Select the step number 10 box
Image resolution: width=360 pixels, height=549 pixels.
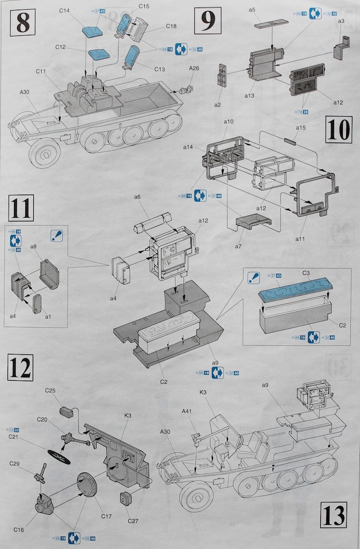pyautogui.click(x=339, y=130)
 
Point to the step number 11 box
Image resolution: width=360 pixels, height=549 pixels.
pyautogui.click(x=21, y=208)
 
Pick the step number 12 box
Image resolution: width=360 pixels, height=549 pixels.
pyautogui.click(x=20, y=367)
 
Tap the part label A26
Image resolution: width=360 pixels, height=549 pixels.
pyautogui.click(x=194, y=68)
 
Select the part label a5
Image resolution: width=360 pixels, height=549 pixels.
pyautogui.click(x=252, y=10)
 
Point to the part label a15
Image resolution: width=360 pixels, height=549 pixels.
pyautogui.click(x=301, y=128)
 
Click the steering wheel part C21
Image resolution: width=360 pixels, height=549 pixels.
pyautogui.click(x=59, y=456)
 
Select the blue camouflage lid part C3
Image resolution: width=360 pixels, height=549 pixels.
pyautogui.click(x=295, y=288)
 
